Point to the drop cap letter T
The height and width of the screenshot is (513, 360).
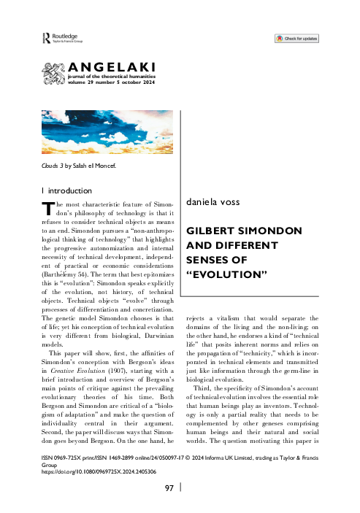coord(46,207)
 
